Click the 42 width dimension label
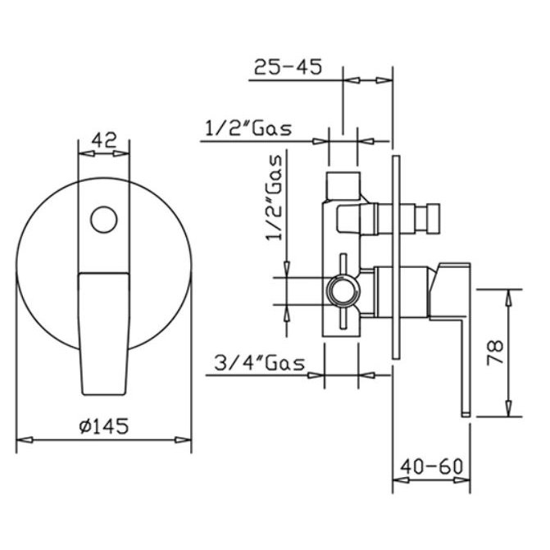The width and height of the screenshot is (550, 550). click(102, 140)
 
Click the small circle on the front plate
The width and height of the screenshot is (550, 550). click(103, 219)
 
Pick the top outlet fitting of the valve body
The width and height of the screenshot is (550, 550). click(343, 184)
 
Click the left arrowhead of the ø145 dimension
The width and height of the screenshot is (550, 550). click(23, 440)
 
